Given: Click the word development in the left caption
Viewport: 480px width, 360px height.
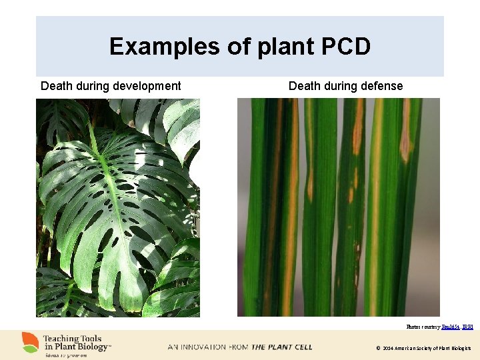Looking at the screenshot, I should [x=147, y=86].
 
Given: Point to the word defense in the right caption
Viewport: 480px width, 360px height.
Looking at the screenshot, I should [x=382, y=86].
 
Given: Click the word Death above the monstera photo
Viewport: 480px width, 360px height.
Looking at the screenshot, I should [x=57, y=86].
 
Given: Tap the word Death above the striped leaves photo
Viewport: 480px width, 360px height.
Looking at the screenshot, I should [x=305, y=86].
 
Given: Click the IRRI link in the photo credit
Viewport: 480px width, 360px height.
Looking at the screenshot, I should [x=467, y=327].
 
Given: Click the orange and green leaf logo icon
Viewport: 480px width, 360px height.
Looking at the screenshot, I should [x=29, y=343].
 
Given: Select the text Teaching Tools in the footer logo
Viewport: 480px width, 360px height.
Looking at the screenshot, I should [x=71, y=339].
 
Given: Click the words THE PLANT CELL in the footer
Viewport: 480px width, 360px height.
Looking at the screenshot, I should [x=281, y=347].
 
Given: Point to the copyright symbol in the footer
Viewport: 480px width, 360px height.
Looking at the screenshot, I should [x=378, y=349].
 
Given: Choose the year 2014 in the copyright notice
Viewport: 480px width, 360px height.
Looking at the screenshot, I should [x=388, y=349].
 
